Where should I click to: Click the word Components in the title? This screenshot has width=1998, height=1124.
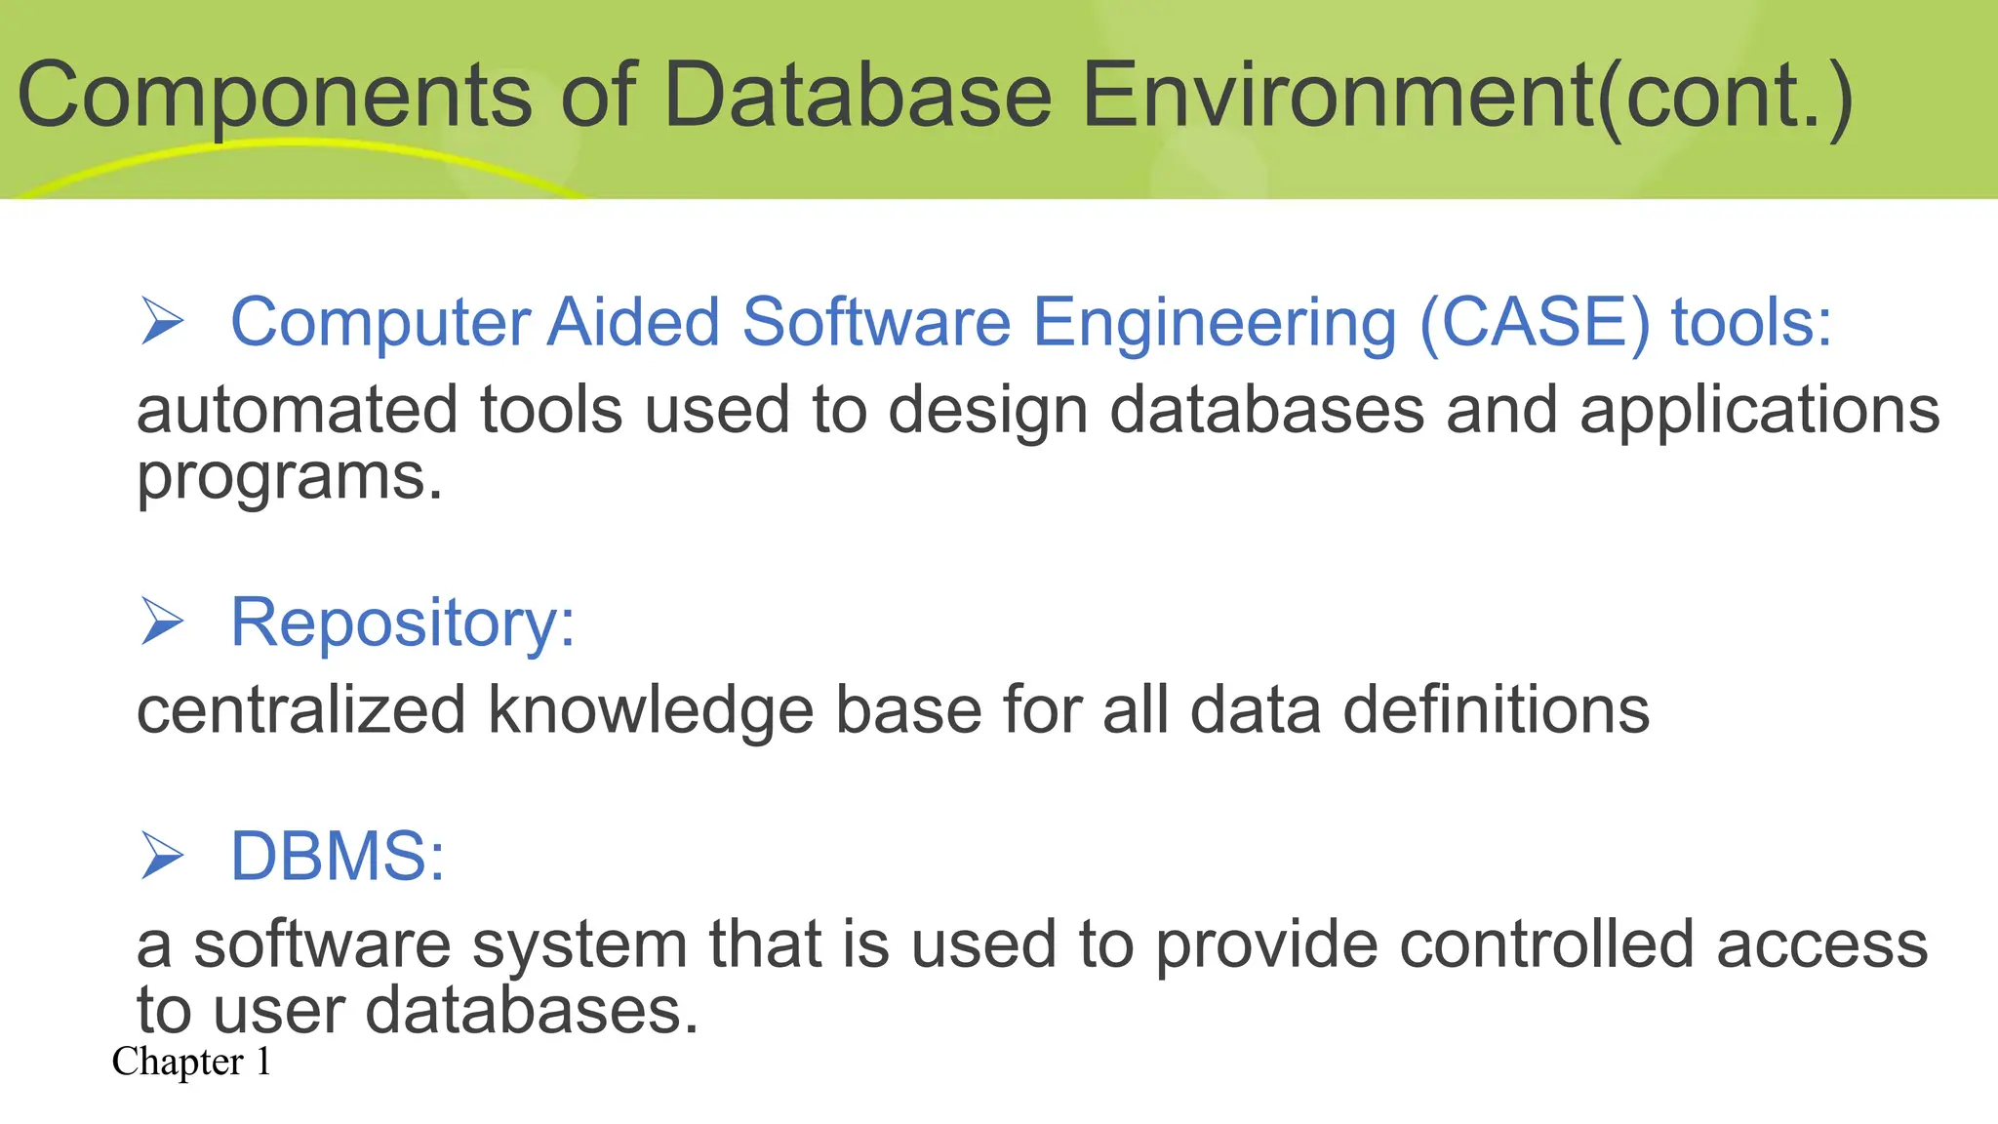[275, 96]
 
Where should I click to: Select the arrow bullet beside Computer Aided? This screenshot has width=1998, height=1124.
[162, 321]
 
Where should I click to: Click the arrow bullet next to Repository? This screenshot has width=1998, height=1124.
[162, 622]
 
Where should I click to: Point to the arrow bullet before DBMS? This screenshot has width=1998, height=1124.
[162, 856]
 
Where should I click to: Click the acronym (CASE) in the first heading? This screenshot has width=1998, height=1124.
[1535, 322]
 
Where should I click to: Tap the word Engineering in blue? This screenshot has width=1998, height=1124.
[1215, 324]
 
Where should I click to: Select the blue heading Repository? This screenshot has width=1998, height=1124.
[403, 622]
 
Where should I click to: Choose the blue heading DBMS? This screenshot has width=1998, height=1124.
[338, 857]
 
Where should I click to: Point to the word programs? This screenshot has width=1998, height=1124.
[290, 478]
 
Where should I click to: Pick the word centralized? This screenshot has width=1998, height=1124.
[300, 709]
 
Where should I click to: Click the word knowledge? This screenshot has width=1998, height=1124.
[651, 711]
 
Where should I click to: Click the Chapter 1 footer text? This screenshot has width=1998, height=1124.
[191, 1062]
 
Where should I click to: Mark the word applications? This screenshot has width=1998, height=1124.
[1760, 411]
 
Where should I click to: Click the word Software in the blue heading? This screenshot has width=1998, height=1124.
[876, 322]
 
